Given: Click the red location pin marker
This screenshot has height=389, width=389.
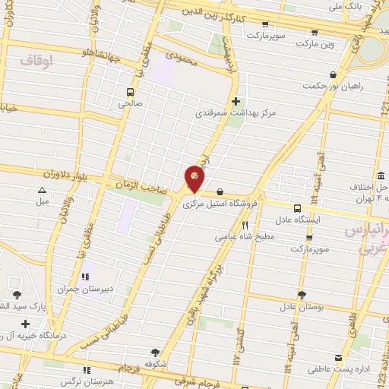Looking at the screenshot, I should [195, 179].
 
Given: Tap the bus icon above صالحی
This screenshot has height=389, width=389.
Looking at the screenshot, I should [130, 93].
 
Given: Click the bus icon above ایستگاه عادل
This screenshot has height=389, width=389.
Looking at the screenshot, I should [297, 206].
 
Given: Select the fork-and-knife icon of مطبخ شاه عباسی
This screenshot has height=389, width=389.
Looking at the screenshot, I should [245, 226].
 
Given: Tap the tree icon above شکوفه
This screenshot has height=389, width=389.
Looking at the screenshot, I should [155, 353].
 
